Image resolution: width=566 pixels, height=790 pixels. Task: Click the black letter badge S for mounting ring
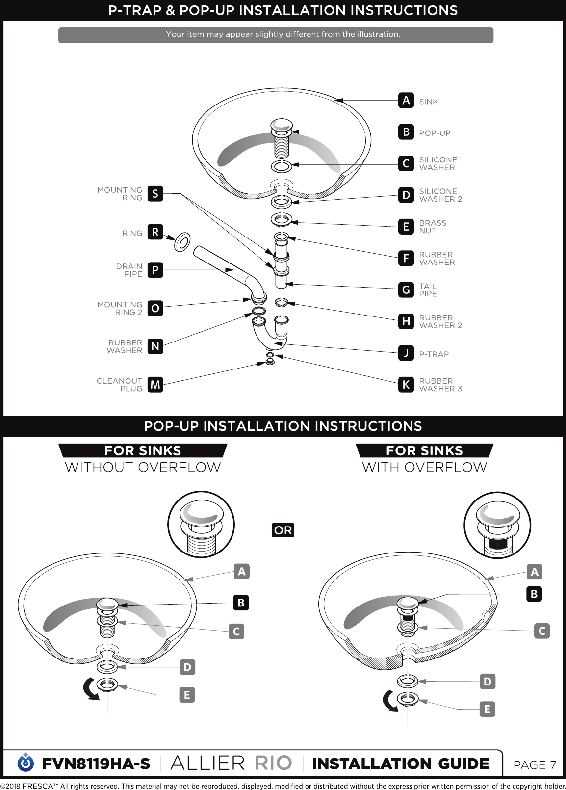[155, 194]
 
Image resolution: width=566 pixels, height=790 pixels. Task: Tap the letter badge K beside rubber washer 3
[406, 384]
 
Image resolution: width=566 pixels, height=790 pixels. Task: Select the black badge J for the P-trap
[406, 353]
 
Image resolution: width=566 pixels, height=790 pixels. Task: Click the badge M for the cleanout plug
[155, 384]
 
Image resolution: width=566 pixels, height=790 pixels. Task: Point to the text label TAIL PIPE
[428, 290]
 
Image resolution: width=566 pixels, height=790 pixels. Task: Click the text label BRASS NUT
[433, 227]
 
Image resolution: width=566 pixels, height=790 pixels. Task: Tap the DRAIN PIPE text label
[129, 270]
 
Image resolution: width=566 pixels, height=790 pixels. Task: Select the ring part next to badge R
[182, 242]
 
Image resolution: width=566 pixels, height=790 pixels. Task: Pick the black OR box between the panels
[283, 530]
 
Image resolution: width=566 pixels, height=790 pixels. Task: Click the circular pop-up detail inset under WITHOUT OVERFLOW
[201, 525]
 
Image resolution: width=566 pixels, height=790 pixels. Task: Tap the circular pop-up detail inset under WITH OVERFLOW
[497, 525]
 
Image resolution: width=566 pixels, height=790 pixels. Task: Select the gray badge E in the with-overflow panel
[488, 709]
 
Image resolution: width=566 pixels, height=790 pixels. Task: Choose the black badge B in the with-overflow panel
[534, 594]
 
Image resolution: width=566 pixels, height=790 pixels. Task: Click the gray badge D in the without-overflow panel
[187, 667]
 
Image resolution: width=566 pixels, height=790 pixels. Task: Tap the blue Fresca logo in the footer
[26, 763]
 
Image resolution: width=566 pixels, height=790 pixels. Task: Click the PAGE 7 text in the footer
[535, 765]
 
